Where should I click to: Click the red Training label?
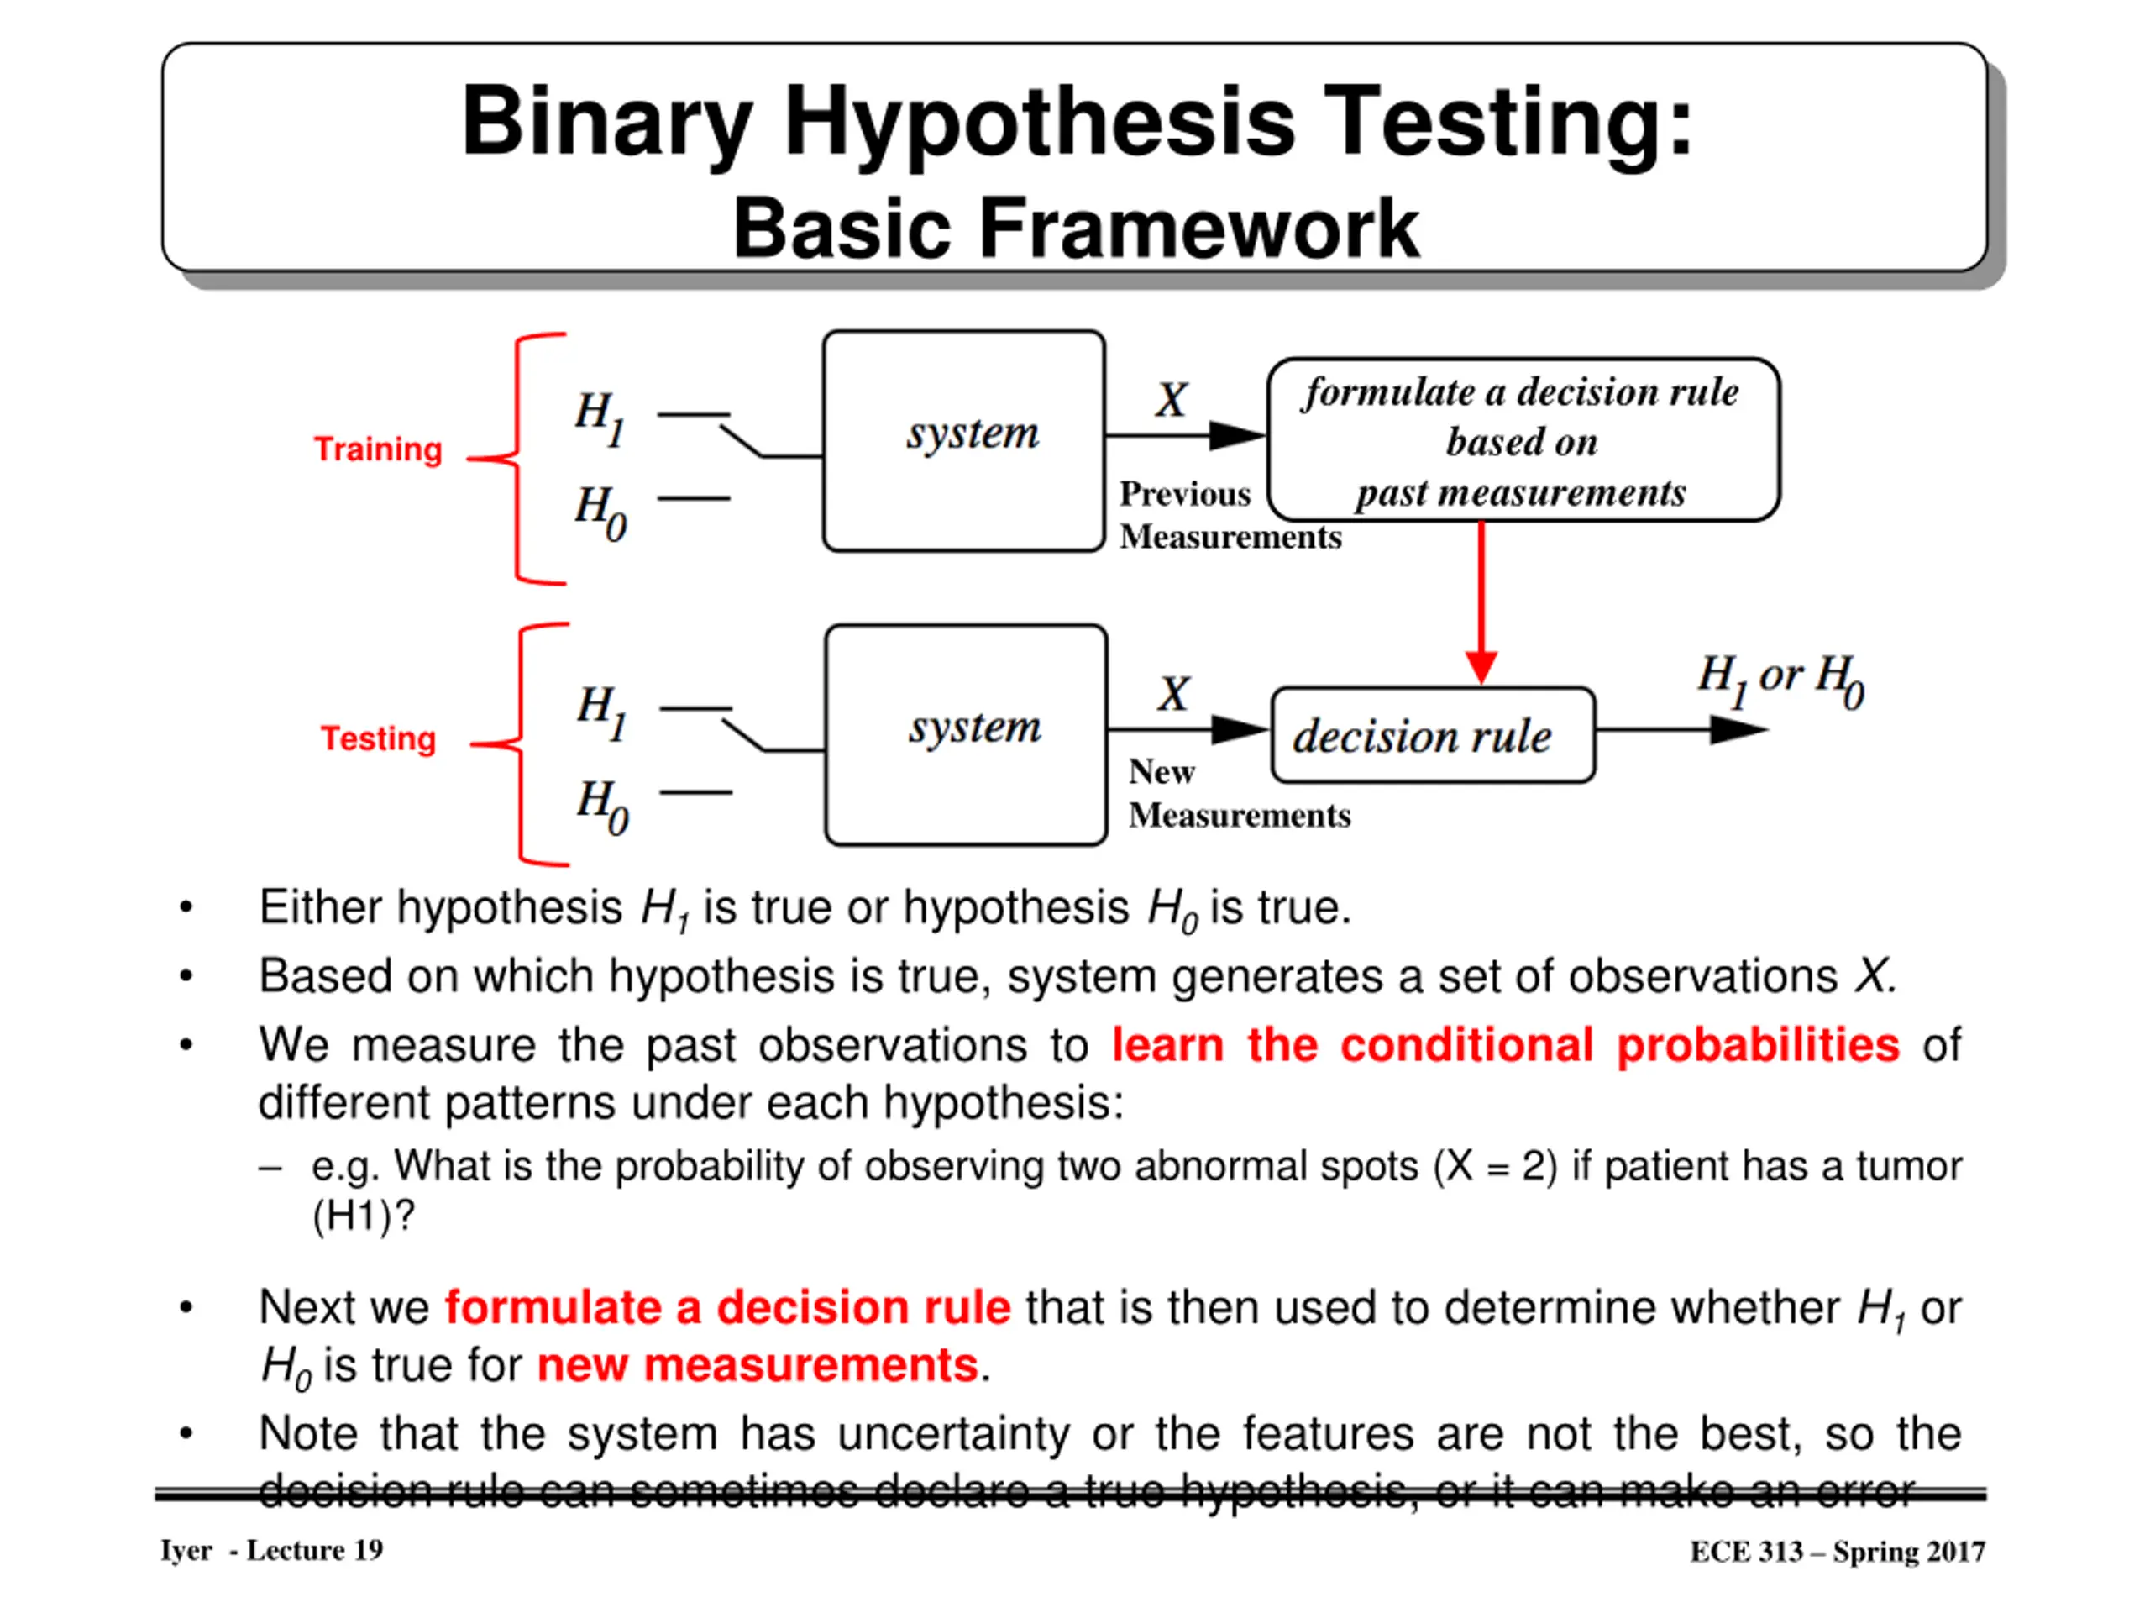pyautogui.click(x=377, y=449)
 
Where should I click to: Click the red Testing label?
pyautogui.click(x=378, y=739)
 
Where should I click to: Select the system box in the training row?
pyautogui.click(x=963, y=441)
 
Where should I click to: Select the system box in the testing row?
pyautogui.click(x=965, y=735)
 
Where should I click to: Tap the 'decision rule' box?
pyautogui.click(x=1432, y=736)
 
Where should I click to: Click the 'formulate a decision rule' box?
pyautogui.click(x=1523, y=440)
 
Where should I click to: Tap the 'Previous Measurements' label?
pyautogui.click(x=1229, y=515)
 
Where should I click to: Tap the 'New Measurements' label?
pyautogui.click(x=1237, y=793)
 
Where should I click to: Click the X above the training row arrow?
pyautogui.click(x=1172, y=400)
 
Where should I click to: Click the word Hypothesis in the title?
pyautogui.click(x=1039, y=123)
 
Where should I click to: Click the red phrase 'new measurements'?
pyautogui.click(x=758, y=1365)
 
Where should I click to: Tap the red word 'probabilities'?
pyautogui.click(x=1757, y=1046)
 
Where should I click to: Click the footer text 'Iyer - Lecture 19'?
pyautogui.click(x=271, y=1550)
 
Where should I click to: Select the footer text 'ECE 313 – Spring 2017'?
pyautogui.click(x=1837, y=1552)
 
